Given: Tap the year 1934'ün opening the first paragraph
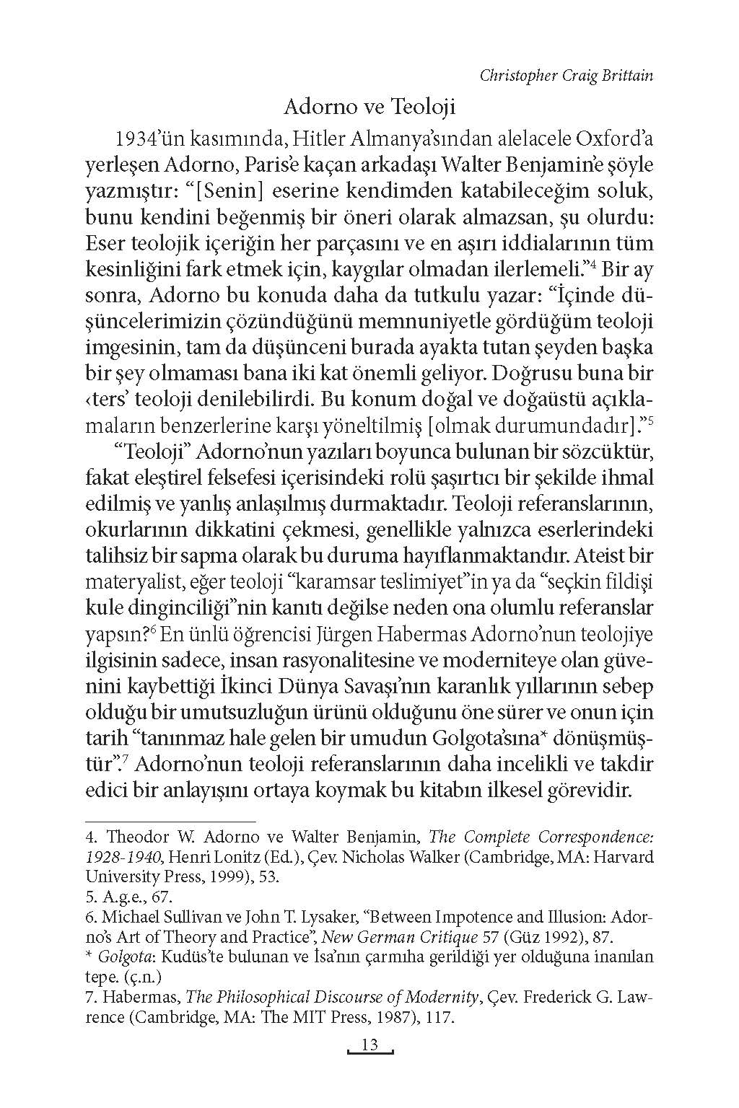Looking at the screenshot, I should point(152,138).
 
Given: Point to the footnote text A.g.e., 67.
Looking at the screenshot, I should point(130,897).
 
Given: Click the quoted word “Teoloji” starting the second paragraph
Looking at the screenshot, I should point(152,452).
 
